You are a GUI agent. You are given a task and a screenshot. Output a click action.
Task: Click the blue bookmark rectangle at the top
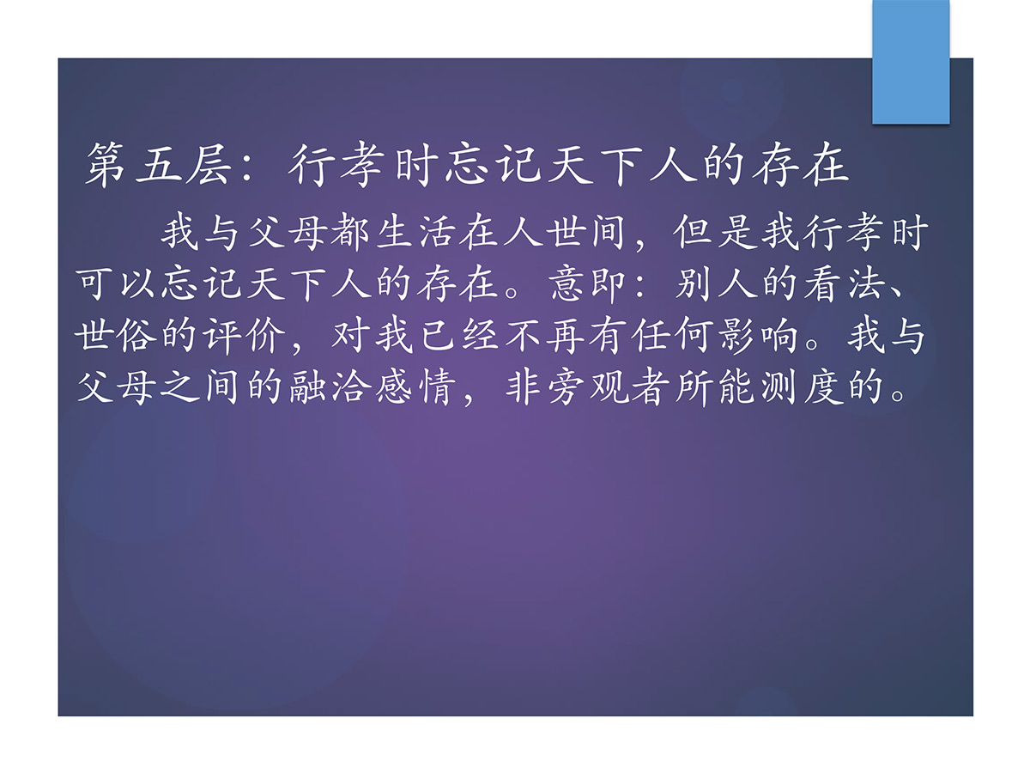click(x=911, y=62)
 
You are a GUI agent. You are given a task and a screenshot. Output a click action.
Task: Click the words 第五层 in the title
click(x=158, y=165)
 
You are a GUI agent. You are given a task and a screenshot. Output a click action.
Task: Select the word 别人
click(x=716, y=284)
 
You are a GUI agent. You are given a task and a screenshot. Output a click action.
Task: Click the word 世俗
click(x=115, y=336)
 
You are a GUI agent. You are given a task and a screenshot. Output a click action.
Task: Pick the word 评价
click(x=244, y=336)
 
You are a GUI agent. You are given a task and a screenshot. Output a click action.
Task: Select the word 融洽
click(x=329, y=387)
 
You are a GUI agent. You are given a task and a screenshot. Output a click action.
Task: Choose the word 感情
click(x=415, y=387)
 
